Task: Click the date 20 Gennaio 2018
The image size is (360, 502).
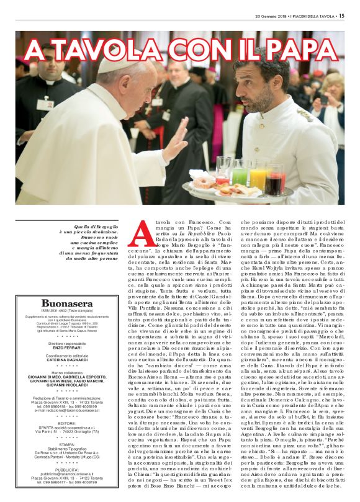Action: tap(274, 16)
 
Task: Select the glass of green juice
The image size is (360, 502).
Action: tap(239, 173)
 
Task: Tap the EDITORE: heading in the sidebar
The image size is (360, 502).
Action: tap(60, 423)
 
